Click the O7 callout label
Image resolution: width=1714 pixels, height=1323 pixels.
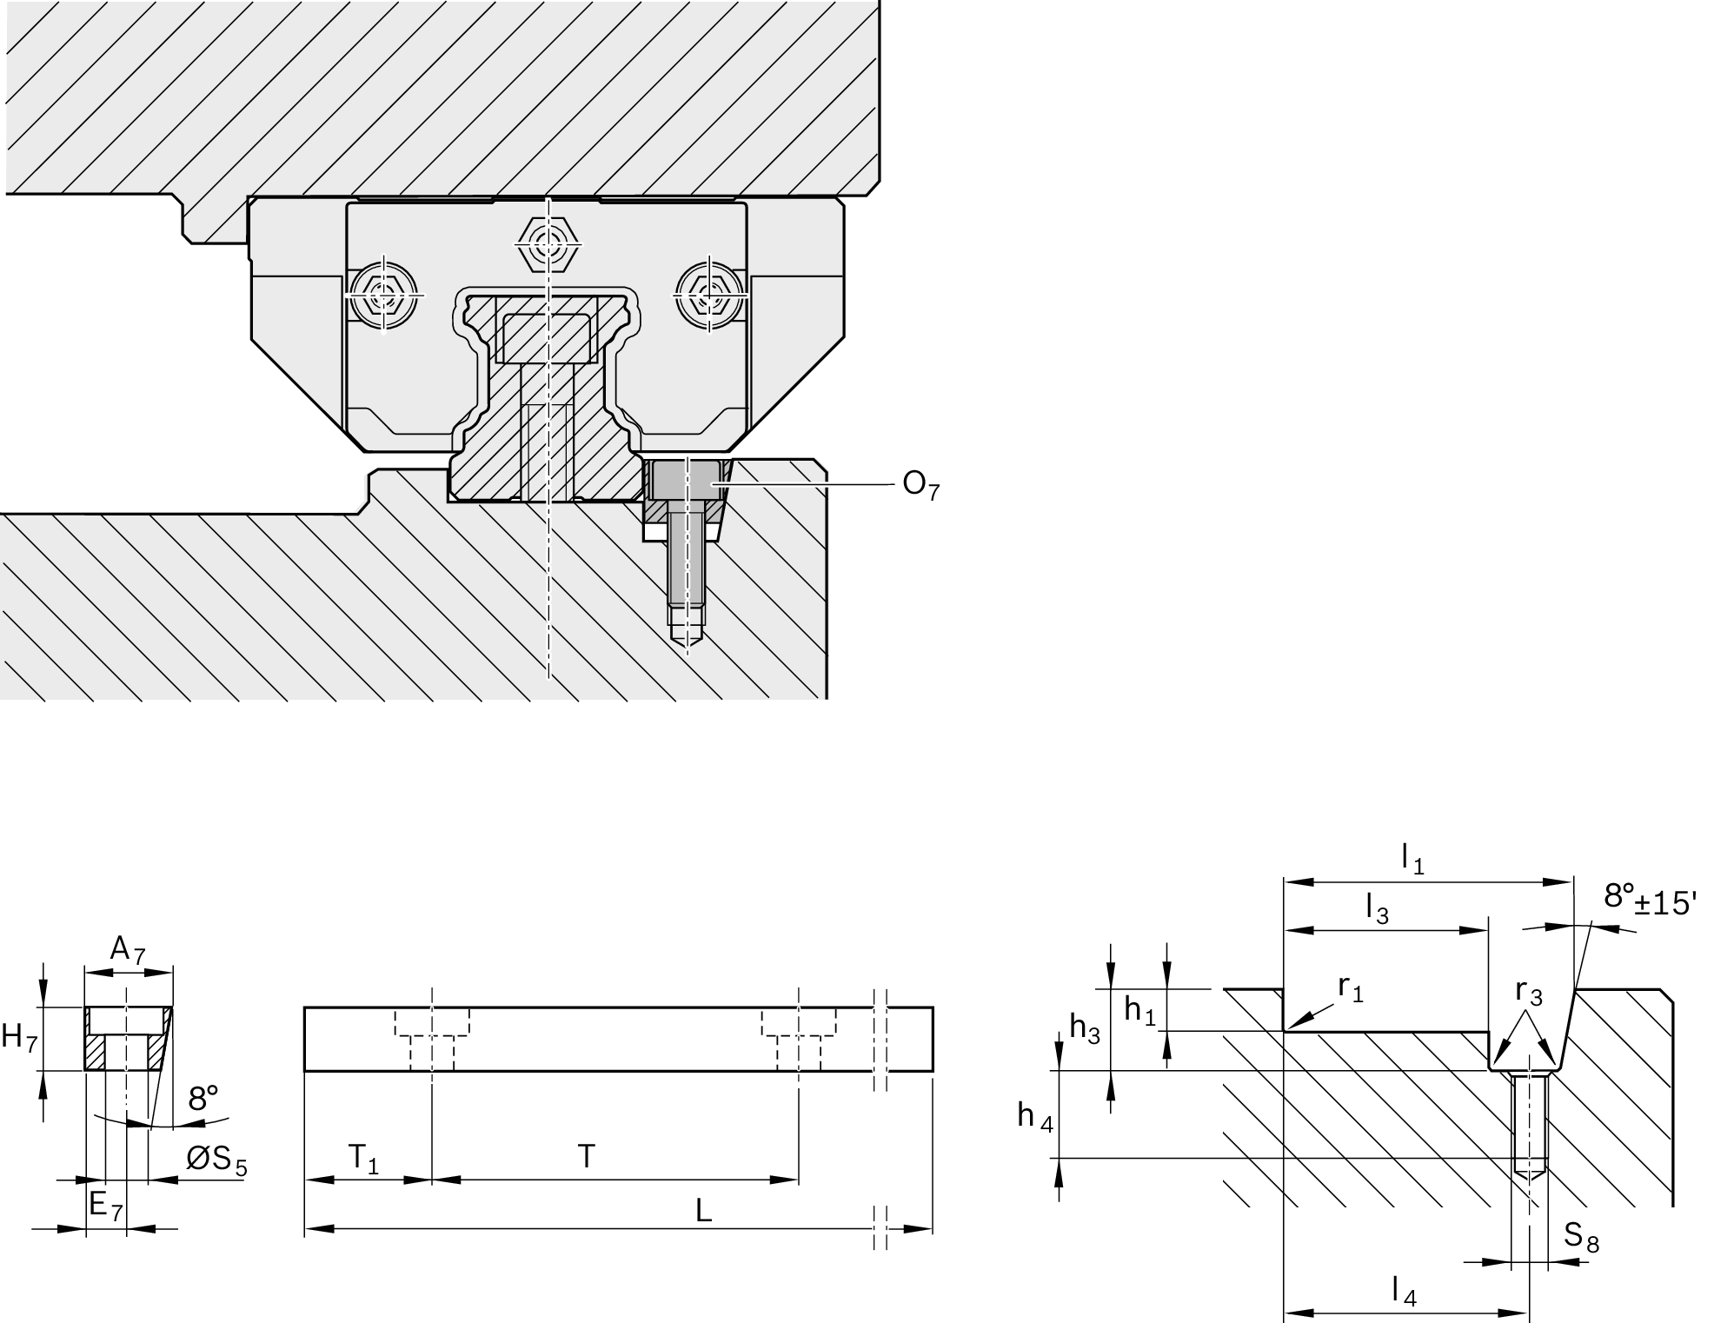[x=920, y=485]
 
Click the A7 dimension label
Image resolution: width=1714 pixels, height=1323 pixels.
[x=127, y=950]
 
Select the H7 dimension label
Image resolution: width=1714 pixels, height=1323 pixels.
[x=19, y=1038]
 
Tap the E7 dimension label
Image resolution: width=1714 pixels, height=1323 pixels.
[x=106, y=1206]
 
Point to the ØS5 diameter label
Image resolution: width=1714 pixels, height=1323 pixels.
[x=216, y=1160]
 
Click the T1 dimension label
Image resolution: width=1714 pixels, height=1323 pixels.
[x=363, y=1158]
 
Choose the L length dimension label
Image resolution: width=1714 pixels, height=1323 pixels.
[x=704, y=1210]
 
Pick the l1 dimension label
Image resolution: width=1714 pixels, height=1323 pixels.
[x=1412, y=860]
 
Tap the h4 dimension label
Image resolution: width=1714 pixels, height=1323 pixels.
[x=1035, y=1116]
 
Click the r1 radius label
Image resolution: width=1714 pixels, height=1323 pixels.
[x=1351, y=988]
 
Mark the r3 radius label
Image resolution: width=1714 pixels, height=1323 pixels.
[x=1528, y=992]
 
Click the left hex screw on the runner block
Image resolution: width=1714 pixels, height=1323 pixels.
[x=383, y=295]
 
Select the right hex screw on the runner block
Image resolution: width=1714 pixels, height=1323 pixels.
[x=709, y=294]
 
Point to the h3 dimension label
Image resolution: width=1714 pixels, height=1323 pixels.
[x=1085, y=1029]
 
